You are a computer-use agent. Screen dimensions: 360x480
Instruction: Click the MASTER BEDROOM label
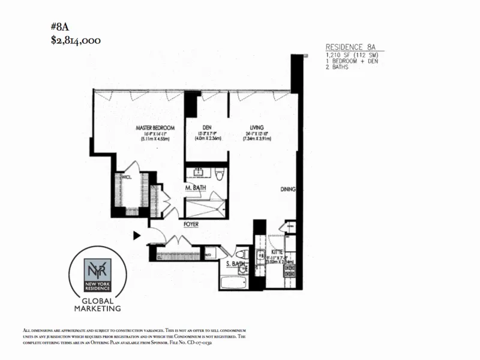155,128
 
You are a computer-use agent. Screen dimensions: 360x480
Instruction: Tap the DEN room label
208,127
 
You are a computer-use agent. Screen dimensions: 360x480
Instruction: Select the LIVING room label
257,127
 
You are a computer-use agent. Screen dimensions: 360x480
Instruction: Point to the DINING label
289,190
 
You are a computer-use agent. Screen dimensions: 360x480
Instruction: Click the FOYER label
191,224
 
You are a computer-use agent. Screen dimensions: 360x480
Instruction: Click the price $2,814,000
76,40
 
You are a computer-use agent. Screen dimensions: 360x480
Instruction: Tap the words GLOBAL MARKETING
97,304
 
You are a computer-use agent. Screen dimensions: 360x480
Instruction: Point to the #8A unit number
59,26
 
